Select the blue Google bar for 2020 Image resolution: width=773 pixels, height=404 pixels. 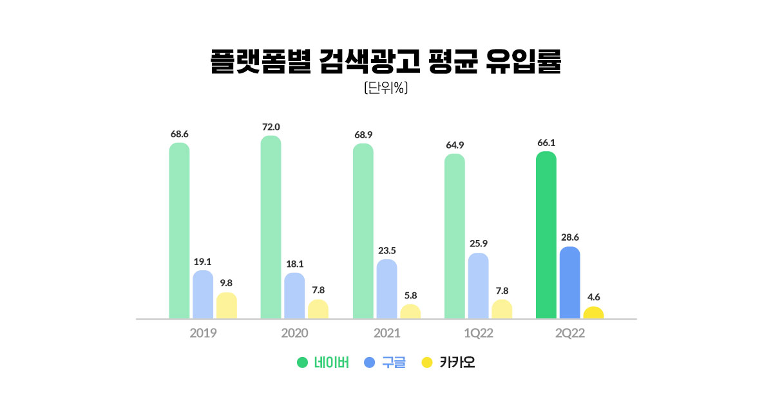pos(294,296)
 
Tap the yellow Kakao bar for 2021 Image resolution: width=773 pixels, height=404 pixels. pos(410,312)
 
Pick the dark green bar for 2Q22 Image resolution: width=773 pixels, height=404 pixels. pos(546,235)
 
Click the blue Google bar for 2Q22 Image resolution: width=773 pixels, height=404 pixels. pos(569,282)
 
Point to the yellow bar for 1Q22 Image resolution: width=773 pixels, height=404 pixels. pos(502,309)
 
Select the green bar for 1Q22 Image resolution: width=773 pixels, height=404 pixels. pos(455,236)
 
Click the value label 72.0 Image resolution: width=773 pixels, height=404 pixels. pos(271,127)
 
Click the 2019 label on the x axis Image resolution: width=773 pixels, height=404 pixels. pos(203,334)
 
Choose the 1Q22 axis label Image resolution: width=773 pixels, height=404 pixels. pos(478,334)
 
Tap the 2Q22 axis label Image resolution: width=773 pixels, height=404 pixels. pos(569,334)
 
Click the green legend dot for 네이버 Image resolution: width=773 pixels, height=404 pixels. pos(302,363)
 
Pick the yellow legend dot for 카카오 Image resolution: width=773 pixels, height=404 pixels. pos(426,363)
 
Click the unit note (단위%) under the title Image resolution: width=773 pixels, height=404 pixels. pos(386,88)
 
